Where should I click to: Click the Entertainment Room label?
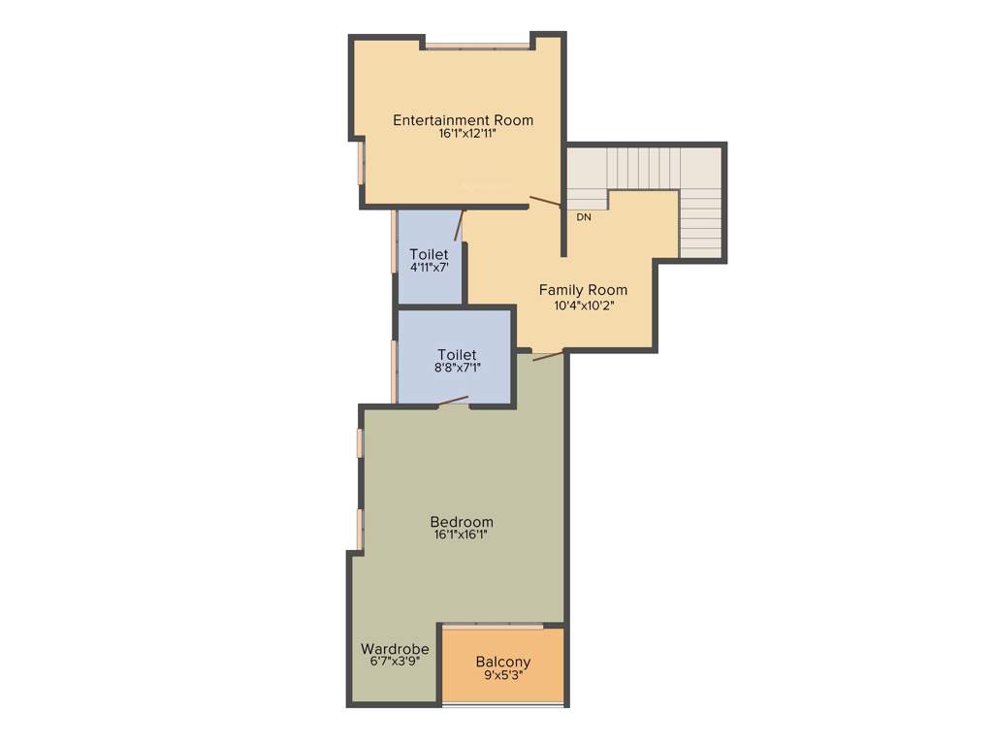463,120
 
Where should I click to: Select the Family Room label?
583,290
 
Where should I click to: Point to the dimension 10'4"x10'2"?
584,305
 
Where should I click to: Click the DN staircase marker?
584,217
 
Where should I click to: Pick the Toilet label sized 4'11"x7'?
429,254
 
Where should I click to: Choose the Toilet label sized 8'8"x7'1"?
457,354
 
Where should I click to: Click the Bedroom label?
462,521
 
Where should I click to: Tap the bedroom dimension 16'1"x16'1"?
462,534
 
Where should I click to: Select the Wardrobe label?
395,649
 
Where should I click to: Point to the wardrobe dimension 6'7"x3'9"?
396,662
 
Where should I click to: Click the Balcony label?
503,663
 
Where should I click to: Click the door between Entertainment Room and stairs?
545,202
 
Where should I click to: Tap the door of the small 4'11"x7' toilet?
458,225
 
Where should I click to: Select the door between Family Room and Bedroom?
548,355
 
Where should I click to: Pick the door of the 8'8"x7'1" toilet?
454,402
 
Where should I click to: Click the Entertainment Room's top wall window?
477,45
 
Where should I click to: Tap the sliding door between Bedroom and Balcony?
501,627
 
